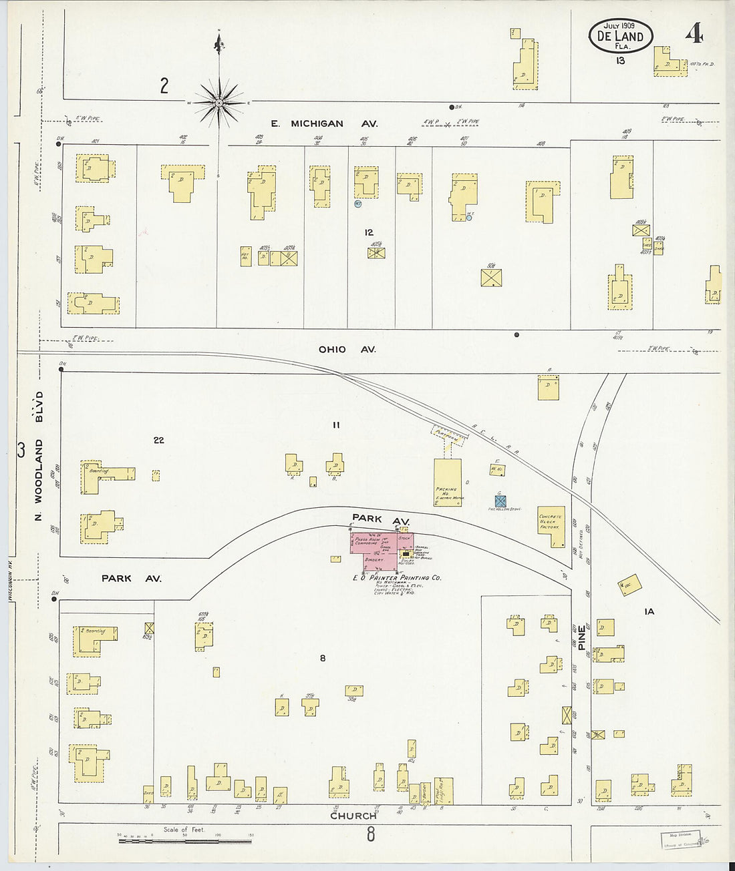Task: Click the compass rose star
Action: (x=219, y=103)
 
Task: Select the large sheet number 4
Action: (x=693, y=33)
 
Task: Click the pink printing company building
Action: (x=381, y=551)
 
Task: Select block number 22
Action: (x=158, y=440)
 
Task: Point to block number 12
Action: (x=369, y=232)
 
